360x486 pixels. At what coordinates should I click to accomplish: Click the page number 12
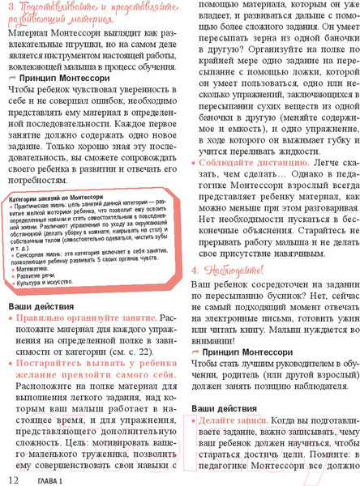coord(11,480)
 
